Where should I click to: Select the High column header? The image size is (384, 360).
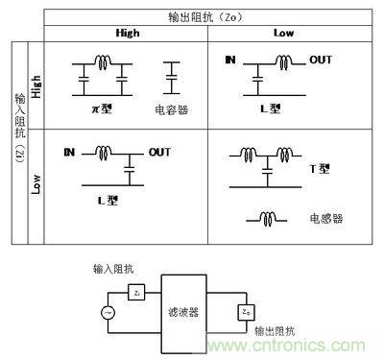(x=130, y=33)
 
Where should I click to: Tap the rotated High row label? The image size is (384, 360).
(x=36, y=83)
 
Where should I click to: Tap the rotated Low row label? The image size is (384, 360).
(x=36, y=182)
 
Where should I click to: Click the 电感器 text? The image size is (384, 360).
(x=326, y=218)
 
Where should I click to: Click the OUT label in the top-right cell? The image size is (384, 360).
(x=321, y=60)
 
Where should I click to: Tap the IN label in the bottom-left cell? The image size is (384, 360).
(x=69, y=152)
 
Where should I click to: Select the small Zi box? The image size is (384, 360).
(x=139, y=292)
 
